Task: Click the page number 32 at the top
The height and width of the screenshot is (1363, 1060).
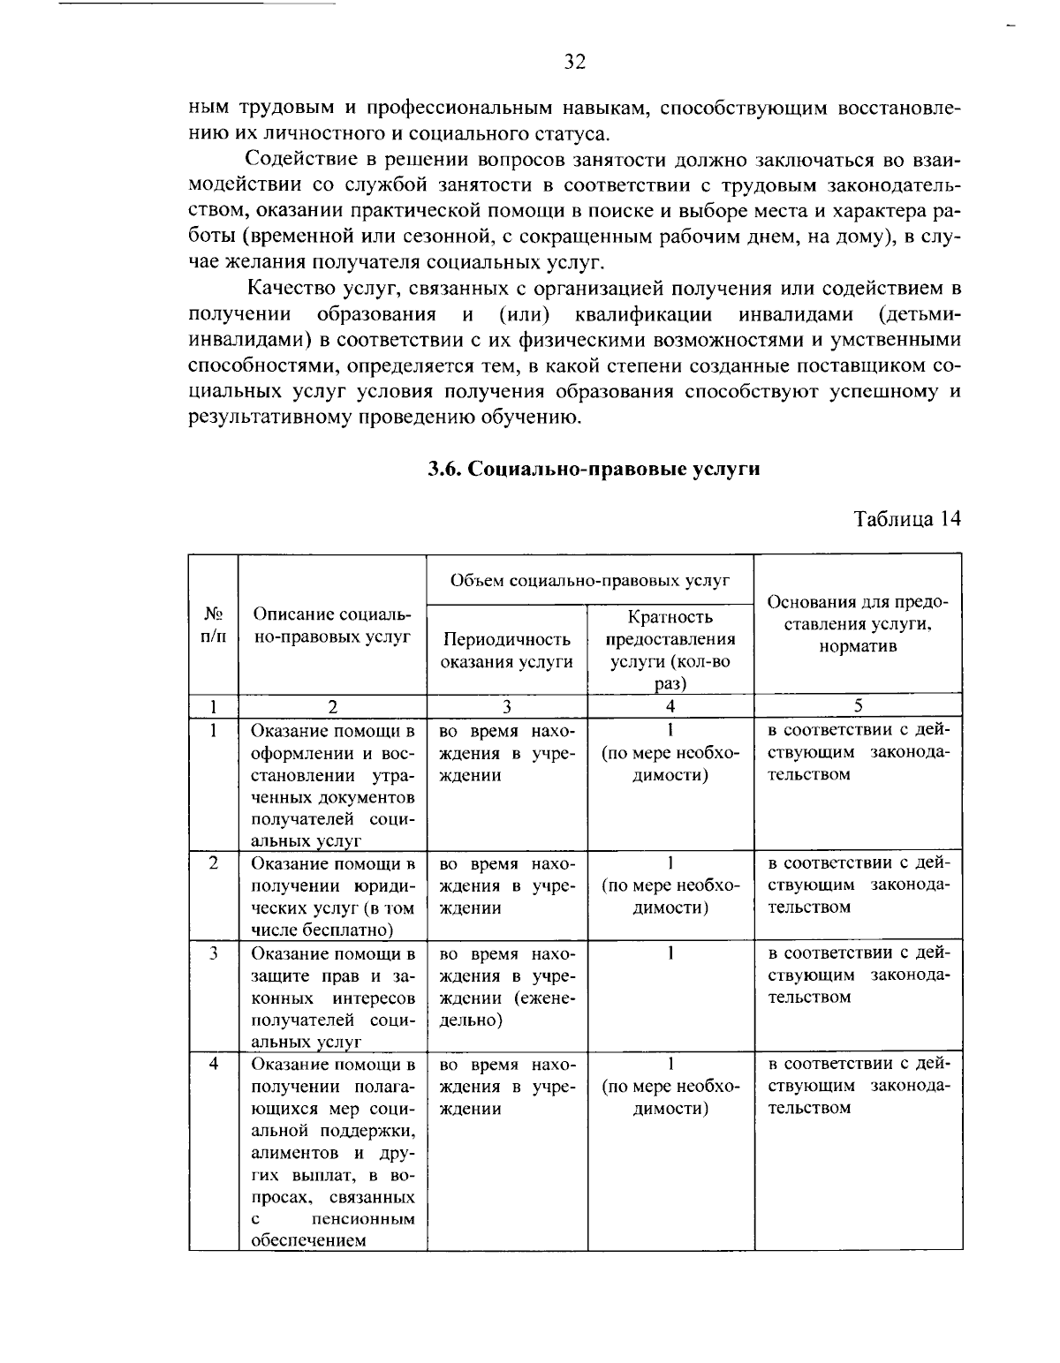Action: pos(574,62)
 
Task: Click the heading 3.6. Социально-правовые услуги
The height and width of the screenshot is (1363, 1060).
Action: pos(594,469)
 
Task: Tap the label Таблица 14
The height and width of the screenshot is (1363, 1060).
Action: pos(906,518)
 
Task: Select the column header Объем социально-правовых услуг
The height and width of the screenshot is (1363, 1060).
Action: pos(589,580)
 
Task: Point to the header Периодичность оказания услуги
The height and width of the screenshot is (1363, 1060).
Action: pos(506,650)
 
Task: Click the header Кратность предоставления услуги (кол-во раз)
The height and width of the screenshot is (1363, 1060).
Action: pos(670,650)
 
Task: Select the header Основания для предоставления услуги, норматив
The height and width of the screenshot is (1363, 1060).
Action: pos(858,623)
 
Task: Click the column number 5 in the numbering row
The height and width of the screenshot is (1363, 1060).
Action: pos(858,705)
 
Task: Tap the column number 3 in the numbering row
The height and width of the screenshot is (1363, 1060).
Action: pos(506,705)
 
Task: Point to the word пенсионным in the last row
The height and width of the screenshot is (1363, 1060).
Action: pos(364,1219)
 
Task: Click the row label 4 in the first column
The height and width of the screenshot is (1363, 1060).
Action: pos(214,1063)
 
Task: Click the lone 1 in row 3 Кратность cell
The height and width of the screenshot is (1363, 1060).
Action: pos(670,953)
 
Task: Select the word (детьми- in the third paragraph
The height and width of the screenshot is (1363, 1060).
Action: pos(920,314)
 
